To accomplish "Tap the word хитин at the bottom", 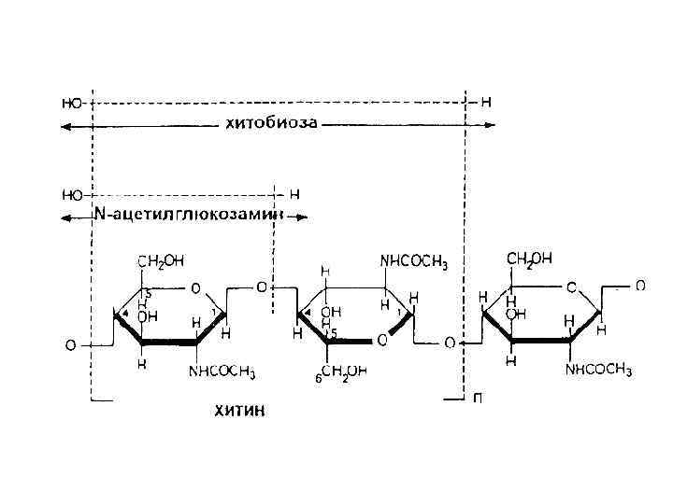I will tap(240, 412).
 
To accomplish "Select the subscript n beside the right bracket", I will tap(478, 399).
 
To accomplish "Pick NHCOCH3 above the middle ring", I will tap(413, 263).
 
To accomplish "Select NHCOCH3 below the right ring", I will tap(598, 371).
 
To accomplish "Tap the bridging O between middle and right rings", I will tap(449, 343).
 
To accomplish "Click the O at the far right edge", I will tap(640, 286).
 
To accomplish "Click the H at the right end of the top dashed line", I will tap(485, 100).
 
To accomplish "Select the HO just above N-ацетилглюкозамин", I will tap(71, 195).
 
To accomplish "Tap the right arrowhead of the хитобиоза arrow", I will tap(492, 124).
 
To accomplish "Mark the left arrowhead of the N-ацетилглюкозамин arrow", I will tap(64, 217).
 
